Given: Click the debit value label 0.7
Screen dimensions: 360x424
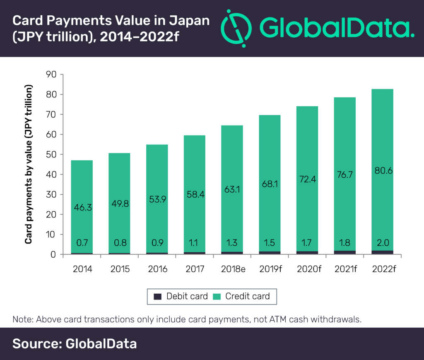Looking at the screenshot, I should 82,242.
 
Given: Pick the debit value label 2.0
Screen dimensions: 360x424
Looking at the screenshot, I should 382,242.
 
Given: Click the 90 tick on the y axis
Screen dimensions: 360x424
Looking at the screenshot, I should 52,75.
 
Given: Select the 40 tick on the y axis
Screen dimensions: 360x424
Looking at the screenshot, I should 52,174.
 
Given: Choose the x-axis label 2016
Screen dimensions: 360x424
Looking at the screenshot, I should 157,269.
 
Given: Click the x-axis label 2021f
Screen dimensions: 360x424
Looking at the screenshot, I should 344,269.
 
